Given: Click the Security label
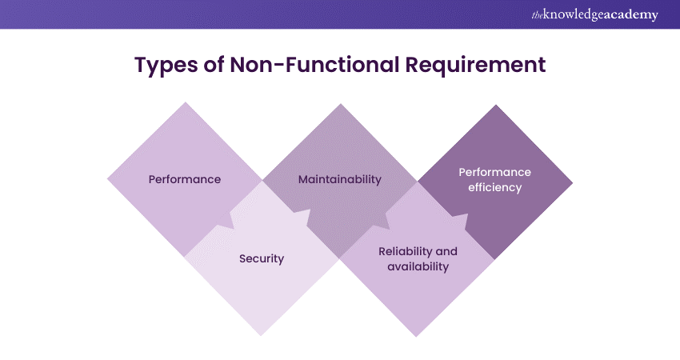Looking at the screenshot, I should (262, 259).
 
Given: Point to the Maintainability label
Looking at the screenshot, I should (339, 179).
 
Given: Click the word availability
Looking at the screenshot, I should (418, 266).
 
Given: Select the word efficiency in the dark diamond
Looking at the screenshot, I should (494, 188).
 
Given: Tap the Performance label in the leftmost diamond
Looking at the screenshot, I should (185, 179).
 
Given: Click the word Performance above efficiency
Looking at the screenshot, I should (494, 172).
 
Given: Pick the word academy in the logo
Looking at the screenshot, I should (631, 15).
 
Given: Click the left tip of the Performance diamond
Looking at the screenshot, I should (108, 179).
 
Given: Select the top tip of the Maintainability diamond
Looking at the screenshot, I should (340, 103).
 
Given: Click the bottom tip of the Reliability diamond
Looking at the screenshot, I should (418, 336).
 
